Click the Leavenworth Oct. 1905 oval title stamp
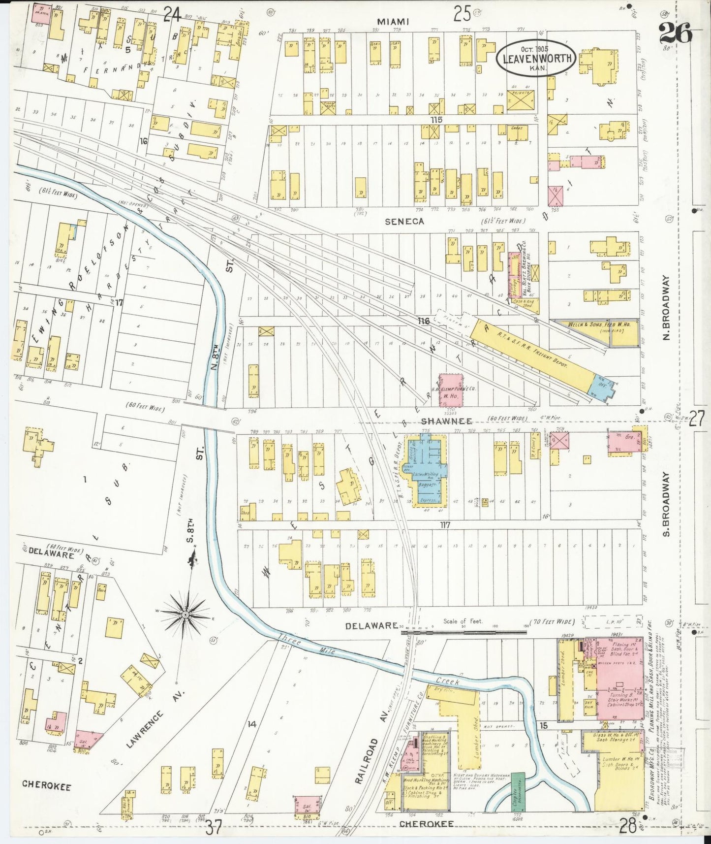click(535, 59)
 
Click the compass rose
click(185, 615)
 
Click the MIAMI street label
click(393, 21)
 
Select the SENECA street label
click(404, 222)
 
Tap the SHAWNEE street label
click(447, 421)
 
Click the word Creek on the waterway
click(447, 682)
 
